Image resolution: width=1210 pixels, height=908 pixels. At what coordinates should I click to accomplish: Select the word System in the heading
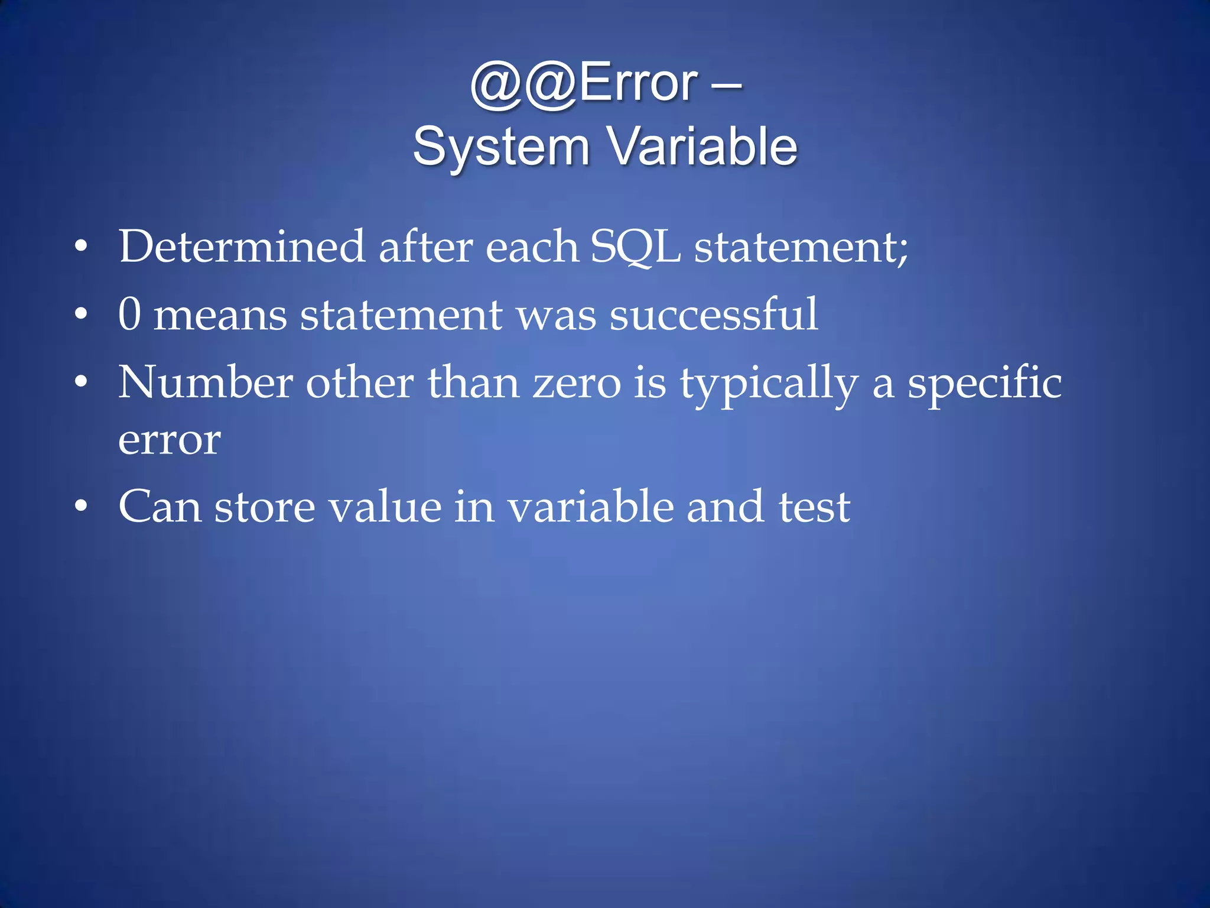coord(501,147)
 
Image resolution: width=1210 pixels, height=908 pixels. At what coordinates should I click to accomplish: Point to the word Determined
coord(241,247)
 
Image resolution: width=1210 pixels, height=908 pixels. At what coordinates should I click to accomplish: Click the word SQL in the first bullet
coord(635,248)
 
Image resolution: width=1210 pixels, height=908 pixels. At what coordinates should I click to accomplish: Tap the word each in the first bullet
coord(531,247)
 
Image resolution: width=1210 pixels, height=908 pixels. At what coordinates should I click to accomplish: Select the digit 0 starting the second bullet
coord(129,314)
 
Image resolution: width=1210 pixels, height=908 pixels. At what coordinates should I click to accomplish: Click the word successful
coord(714,314)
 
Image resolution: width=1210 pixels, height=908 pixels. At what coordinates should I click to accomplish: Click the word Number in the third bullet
coord(205,382)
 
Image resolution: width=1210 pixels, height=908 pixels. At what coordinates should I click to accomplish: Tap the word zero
coord(577,384)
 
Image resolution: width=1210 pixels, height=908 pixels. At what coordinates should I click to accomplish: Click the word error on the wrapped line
coord(170,440)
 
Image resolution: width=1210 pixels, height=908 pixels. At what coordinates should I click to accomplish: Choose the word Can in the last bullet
coord(160,507)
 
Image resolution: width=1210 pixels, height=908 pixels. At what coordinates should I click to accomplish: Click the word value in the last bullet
coord(385,507)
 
